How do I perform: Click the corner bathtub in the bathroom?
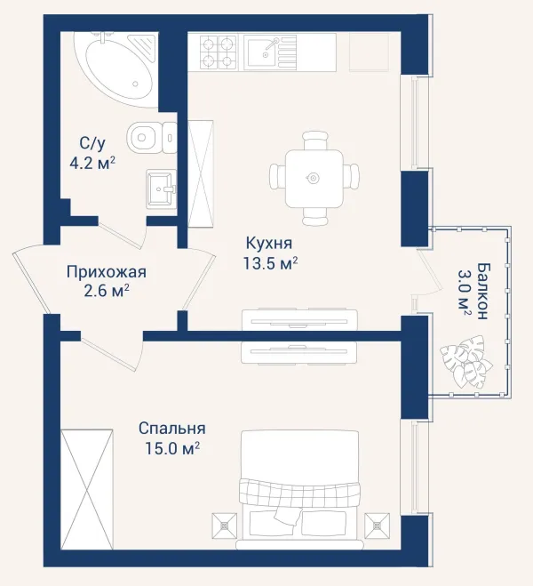tap(116, 68)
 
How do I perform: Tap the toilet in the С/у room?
tap(152, 137)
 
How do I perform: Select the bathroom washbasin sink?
tap(162, 189)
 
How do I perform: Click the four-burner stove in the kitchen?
tap(219, 52)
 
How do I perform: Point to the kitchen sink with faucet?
tap(270, 52)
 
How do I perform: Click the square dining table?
tap(314, 178)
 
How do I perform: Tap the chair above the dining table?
tap(315, 140)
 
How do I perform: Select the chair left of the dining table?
tap(278, 177)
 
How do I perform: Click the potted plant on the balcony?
tap(465, 361)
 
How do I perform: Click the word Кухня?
tap(269, 243)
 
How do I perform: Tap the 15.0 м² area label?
tap(171, 448)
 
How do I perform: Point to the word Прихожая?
tap(107, 272)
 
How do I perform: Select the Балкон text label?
tap(482, 291)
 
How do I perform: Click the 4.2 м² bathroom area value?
tap(92, 163)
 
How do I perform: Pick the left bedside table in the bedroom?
tap(225, 526)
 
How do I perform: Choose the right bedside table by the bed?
tap(377, 526)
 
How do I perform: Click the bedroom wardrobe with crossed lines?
tap(86, 489)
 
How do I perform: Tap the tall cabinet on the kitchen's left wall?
tap(201, 173)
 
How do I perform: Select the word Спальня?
tap(172, 429)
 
